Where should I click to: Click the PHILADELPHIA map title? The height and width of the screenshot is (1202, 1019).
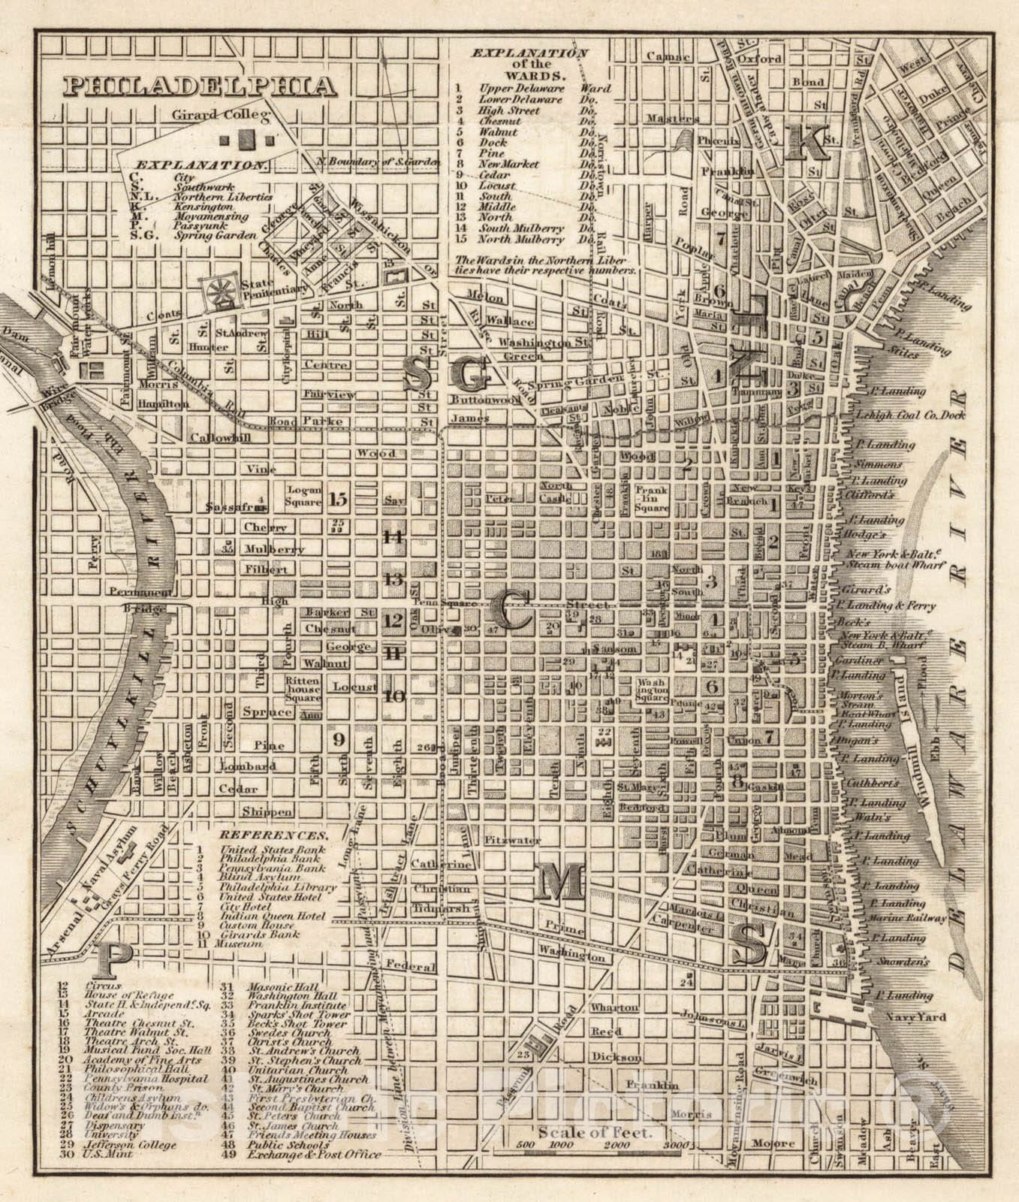coord(198,85)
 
